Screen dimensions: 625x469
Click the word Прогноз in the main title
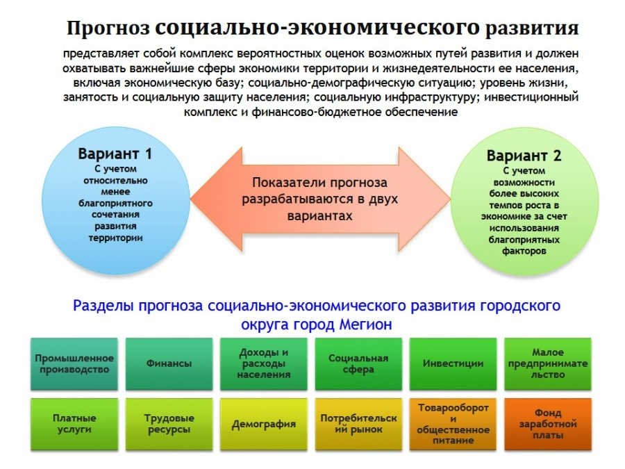(x=108, y=28)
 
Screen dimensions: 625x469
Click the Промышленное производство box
(x=74, y=363)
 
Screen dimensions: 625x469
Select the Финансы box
(x=169, y=363)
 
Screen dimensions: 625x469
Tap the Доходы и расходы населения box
(x=263, y=363)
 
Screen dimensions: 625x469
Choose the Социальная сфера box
(x=358, y=363)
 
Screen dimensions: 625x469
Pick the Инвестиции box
(x=453, y=363)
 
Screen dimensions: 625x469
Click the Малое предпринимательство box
(x=548, y=363)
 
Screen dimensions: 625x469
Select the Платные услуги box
(x=74, y=424)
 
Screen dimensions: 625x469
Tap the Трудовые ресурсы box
(x=169, y=424)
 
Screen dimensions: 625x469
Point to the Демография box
(x=263, y=424)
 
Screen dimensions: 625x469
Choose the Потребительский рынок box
(x=358, y=424)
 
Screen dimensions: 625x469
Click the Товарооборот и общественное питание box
(x=453, y=424)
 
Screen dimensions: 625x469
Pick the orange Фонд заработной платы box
(x=548, y=424)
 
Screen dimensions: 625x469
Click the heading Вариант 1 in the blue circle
(x=115, y=154)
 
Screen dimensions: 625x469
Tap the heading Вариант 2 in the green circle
(x=524, y=156)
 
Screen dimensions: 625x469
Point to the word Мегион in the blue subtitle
(x=365, y=324)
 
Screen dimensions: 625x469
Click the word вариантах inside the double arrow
(x=319, y=216)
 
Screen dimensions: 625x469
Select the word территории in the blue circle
(x=115, y=238)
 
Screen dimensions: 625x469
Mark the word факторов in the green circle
(x=524, y=252)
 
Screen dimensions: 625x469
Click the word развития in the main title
(x=532, y=28)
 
